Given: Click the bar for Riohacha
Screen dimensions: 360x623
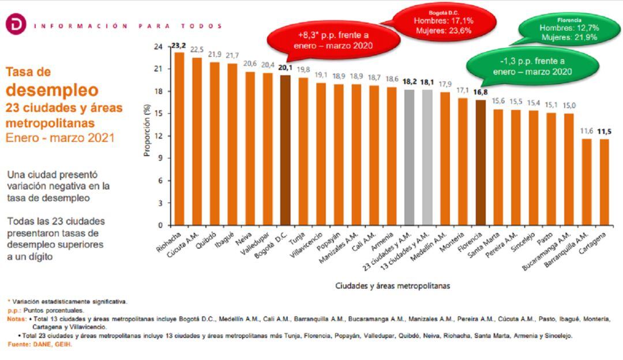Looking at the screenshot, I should [179, 138].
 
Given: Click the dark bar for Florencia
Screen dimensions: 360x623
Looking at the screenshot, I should [481, 162].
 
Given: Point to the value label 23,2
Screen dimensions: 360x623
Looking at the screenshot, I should [179, 46].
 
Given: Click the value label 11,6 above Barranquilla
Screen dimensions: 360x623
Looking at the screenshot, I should [586, 132].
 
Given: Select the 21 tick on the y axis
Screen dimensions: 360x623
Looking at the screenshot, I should [159, 69].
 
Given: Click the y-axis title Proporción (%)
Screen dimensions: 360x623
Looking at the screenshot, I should [147, 135].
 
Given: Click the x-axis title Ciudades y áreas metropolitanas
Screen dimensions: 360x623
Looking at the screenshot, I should [393, 286].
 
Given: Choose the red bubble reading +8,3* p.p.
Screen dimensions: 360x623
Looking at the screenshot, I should [333, 40].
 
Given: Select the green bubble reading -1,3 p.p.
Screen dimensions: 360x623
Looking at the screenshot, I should [532, 66].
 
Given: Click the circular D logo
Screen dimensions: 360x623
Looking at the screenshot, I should [16, 25].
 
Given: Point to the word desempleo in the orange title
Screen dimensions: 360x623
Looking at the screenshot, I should [52, 90].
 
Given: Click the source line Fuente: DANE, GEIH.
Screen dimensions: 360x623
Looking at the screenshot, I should [40, 344].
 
